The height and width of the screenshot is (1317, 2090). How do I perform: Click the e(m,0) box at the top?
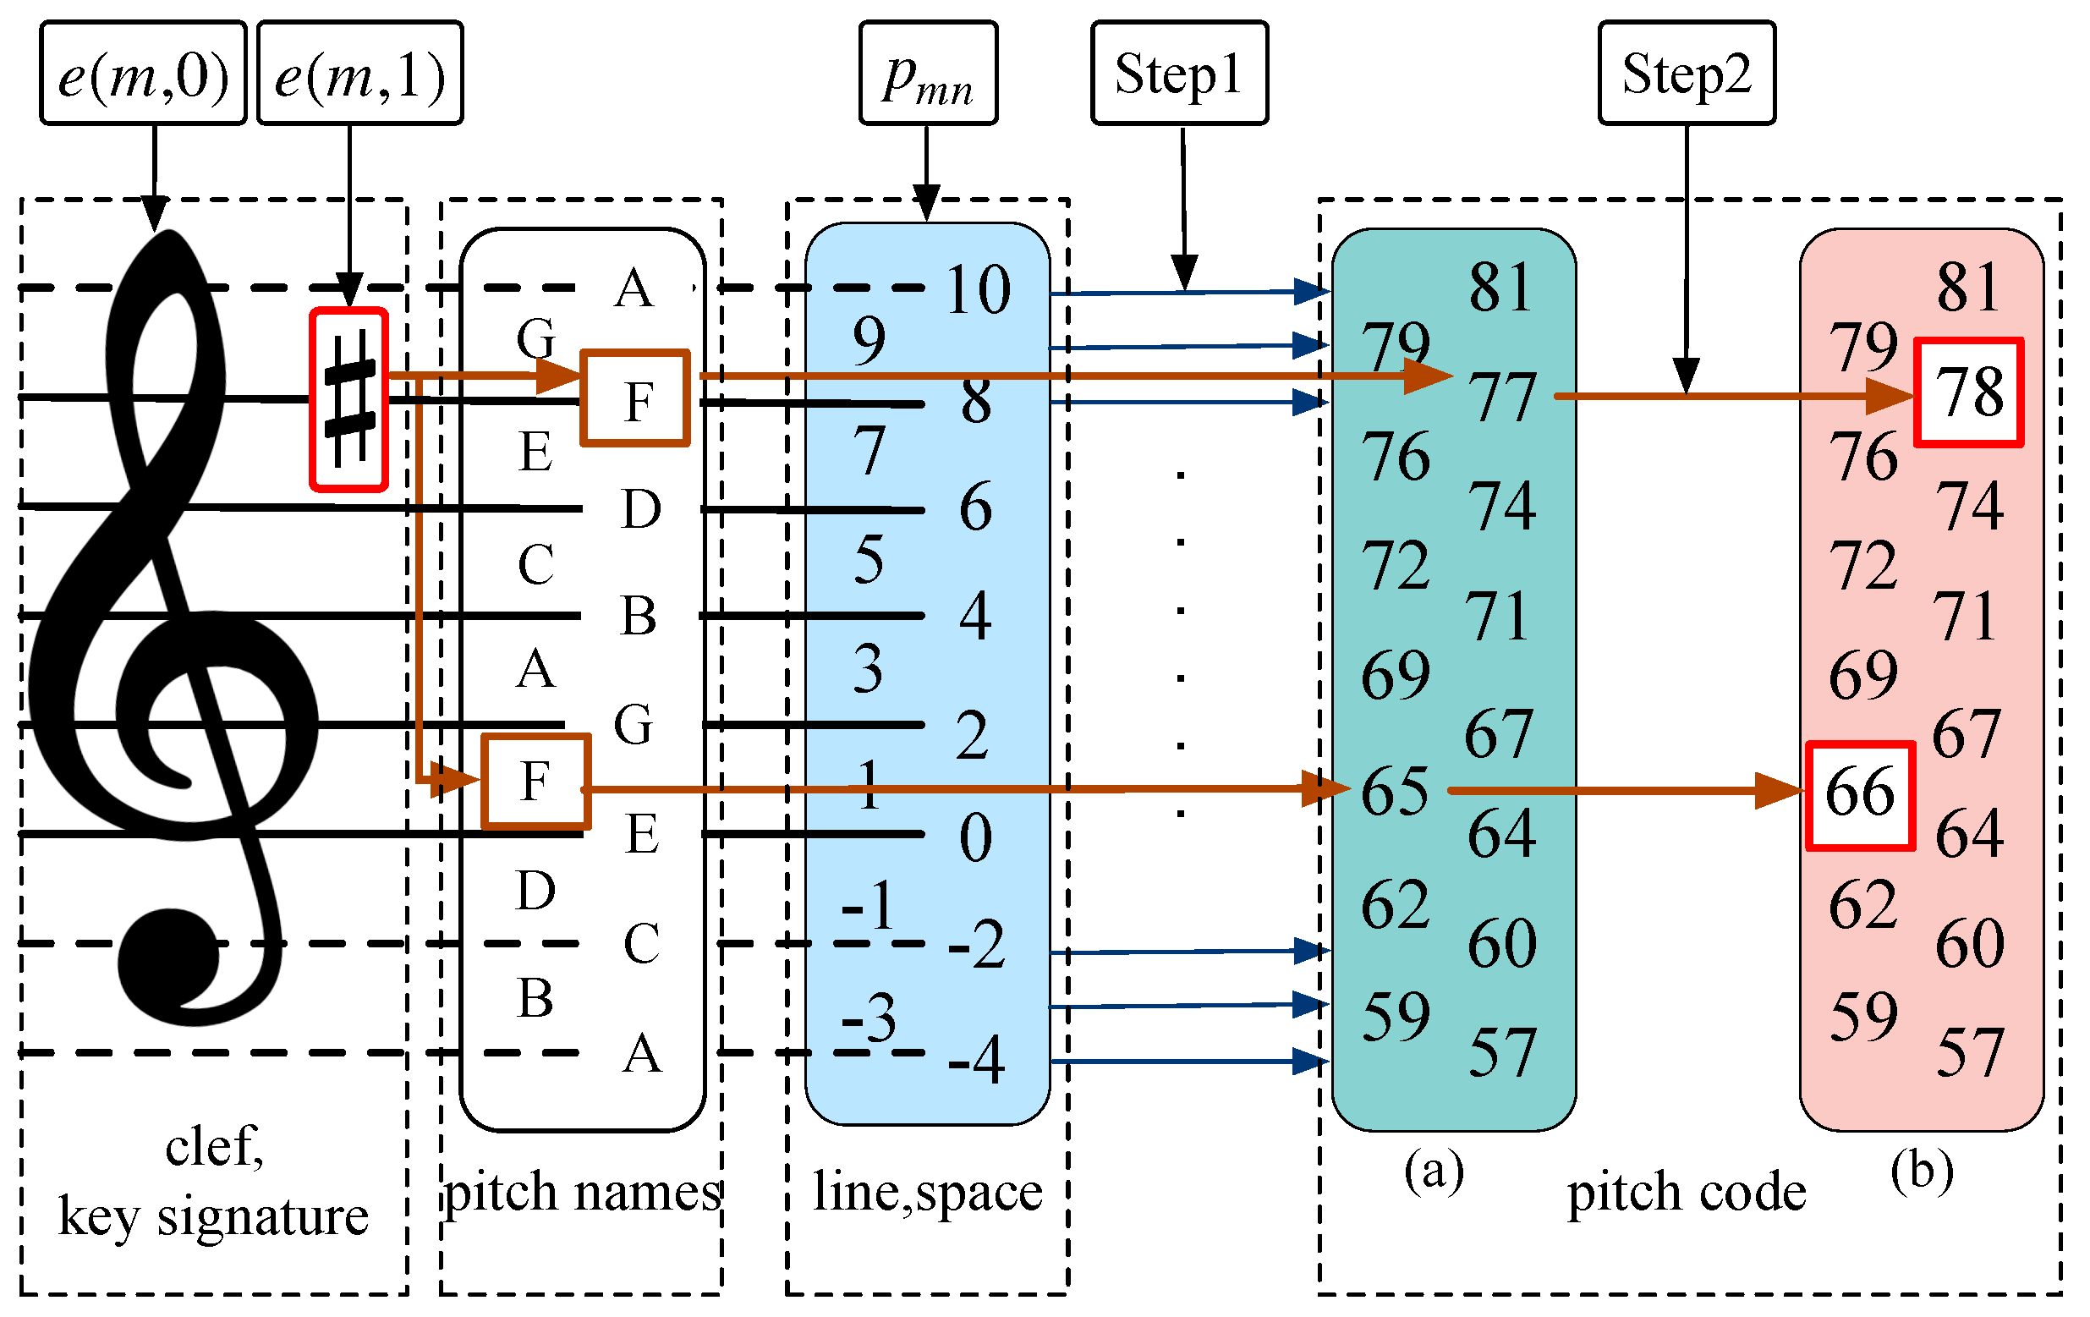pos(143,74)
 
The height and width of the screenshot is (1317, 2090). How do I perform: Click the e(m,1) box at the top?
pos(360,74)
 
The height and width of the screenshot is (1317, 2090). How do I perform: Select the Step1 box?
pos(1179,74)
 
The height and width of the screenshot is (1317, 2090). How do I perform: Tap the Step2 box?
pos(1687,74)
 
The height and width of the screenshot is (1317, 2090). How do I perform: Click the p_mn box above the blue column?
pos(928,74)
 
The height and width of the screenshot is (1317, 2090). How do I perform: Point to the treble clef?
pos(165,625)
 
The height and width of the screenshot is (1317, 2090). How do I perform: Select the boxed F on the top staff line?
pos(635,399)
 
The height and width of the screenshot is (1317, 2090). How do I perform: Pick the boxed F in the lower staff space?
pos(536,782)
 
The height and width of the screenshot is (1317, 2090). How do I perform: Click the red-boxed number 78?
pos(1969,393)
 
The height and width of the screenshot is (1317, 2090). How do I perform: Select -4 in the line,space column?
pos(976,1059)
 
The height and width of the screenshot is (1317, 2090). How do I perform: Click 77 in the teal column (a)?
pos(1502,398)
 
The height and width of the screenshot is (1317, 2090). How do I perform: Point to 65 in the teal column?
pos(1395,792)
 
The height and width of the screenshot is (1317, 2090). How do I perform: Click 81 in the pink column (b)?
pos(1968,287)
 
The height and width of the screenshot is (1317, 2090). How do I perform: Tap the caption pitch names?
pos(583,1192)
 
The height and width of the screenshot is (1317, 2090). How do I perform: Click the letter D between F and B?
pos(641,508)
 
